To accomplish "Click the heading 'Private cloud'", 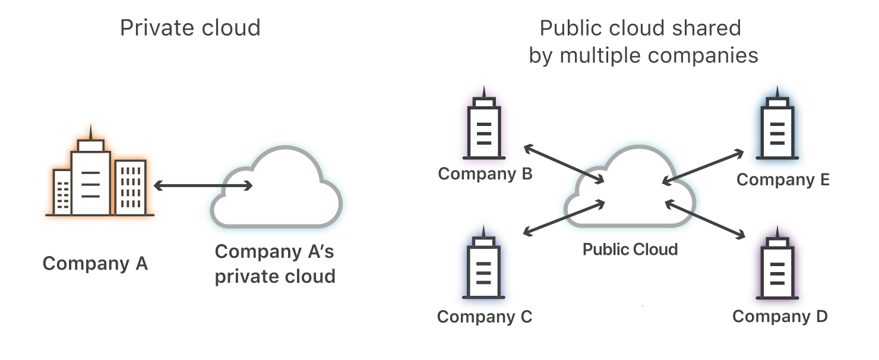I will [190, 28].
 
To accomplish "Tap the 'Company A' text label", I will [95, 263].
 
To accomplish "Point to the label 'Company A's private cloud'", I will [275, 264].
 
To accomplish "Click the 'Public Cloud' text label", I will [630, 249].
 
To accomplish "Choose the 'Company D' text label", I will [780, 316].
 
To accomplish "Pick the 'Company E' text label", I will [783, 179].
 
